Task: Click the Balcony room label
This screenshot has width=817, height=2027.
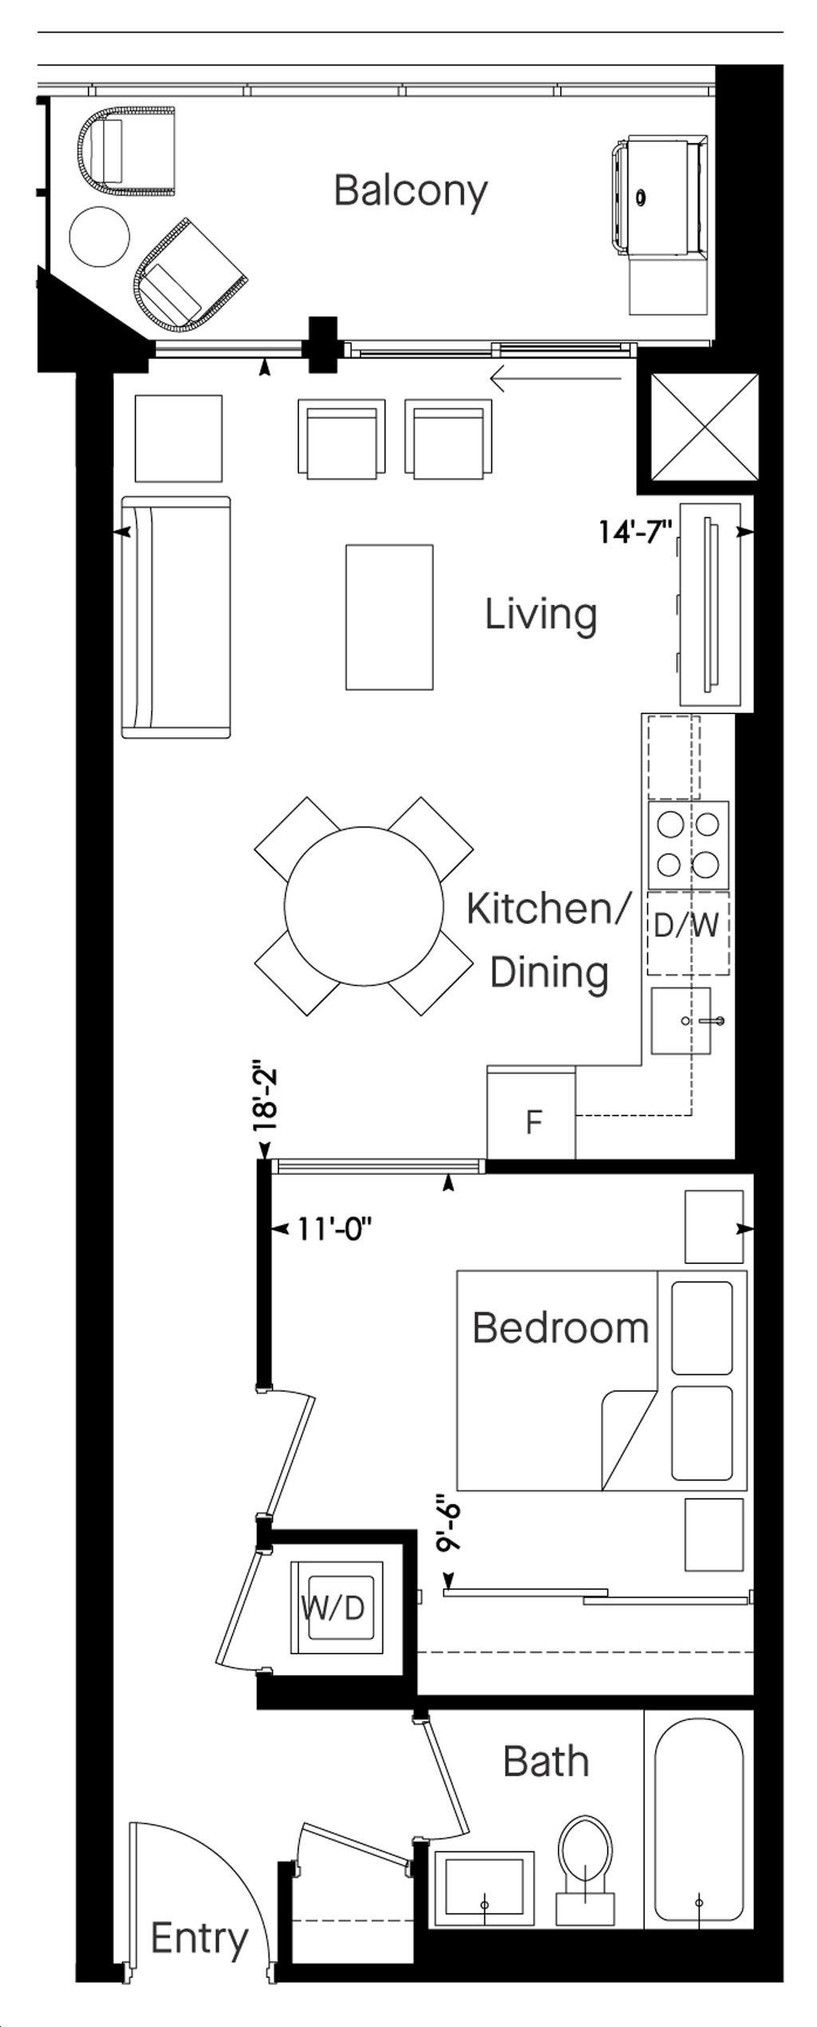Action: coord(411,192)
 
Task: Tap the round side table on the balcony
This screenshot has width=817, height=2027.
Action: coord(100,237)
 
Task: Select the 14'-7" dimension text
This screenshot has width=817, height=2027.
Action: coord(637,531)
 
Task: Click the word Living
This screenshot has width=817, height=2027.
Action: coord(541,615)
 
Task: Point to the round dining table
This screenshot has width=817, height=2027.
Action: coord(364,906)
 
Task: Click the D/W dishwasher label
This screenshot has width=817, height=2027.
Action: coord(686,926)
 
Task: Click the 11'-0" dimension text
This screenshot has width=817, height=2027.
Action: coord(334,1229)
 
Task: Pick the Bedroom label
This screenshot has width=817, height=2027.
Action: coord(560,1328)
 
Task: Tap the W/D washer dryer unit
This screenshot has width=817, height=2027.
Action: coord(337,1607)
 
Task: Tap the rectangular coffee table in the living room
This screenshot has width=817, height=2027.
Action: coord(389,617)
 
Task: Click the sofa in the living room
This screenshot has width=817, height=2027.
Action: coord(176,617)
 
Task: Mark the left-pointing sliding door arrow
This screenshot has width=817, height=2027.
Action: coord(556,378)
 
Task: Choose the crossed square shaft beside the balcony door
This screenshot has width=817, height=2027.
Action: coord(705,428)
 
